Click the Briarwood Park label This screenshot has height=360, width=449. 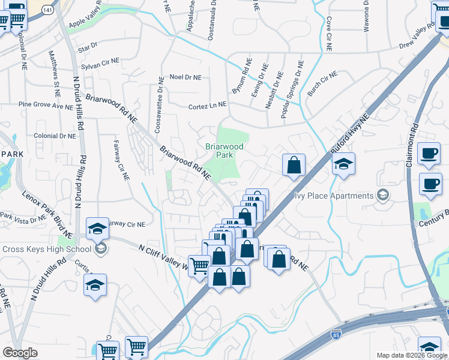(224, 151)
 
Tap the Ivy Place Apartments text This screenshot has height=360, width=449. (334, 196)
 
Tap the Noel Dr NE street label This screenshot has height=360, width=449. (185, 77)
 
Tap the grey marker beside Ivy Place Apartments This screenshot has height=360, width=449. (382, 196)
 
